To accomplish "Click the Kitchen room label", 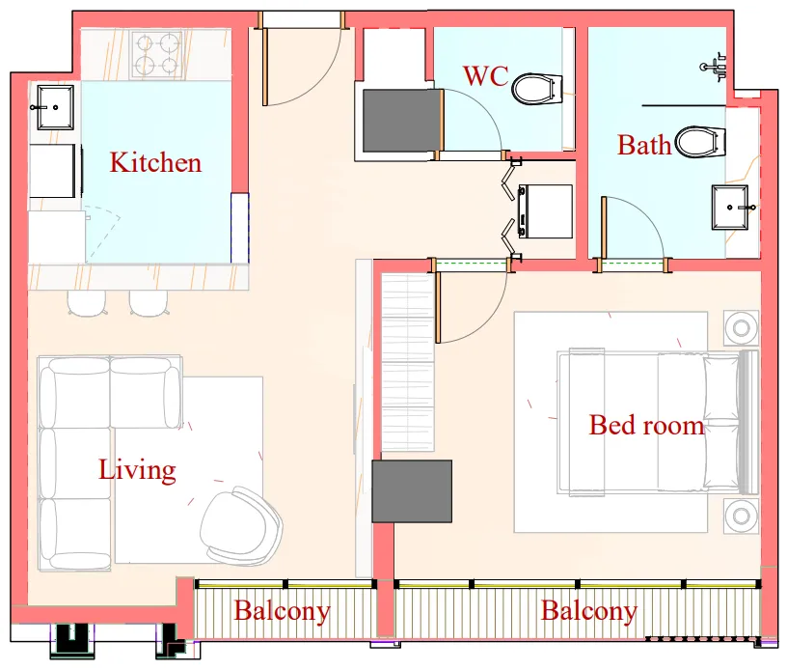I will click(155, 162).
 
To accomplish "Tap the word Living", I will click(137, 470).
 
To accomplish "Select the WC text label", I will click(485, 76).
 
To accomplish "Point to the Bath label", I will click(644, 146).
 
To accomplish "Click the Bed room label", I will click(646, 425).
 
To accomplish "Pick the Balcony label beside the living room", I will click(282, 611).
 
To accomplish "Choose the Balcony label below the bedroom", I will click(588, 611).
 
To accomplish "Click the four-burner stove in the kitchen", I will click(157, 54).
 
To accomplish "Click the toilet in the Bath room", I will click(699, 142).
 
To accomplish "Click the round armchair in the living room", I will click(241, 526).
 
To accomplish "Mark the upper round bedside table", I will click(742, 328).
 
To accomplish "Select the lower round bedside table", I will click(742, 516).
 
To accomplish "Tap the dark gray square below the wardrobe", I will click(412, 491).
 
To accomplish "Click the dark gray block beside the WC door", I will click(400, 121).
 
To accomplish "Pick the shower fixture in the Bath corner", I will click(715, 65).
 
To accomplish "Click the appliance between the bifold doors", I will click(545, 209).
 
